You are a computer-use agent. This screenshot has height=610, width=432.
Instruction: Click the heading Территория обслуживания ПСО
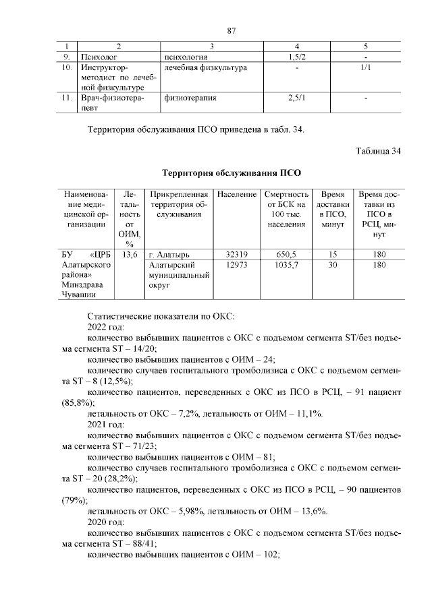231,173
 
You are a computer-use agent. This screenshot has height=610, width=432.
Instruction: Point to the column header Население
236,193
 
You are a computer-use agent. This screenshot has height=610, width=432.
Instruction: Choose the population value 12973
236,266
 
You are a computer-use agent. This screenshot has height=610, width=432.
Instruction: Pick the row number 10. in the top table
65,68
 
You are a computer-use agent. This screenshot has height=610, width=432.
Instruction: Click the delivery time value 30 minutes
333,266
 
